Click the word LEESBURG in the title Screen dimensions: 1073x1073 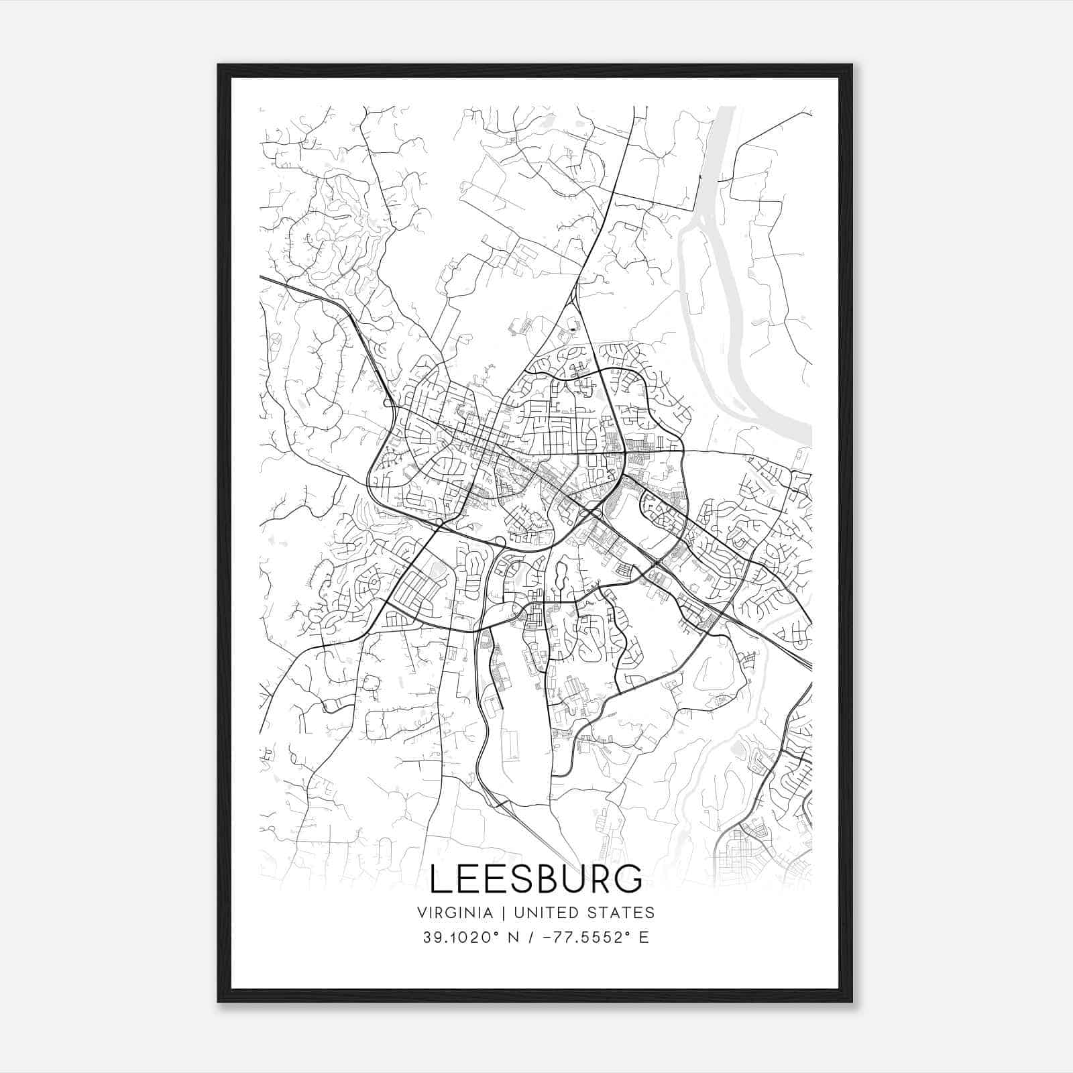coord(535,879)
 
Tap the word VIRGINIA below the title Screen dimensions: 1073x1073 coord(454,913)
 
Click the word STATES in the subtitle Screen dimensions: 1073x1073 coord(621,913)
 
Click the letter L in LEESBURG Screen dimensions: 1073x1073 coord(441,879)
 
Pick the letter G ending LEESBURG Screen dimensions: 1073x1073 coord(628,879)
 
